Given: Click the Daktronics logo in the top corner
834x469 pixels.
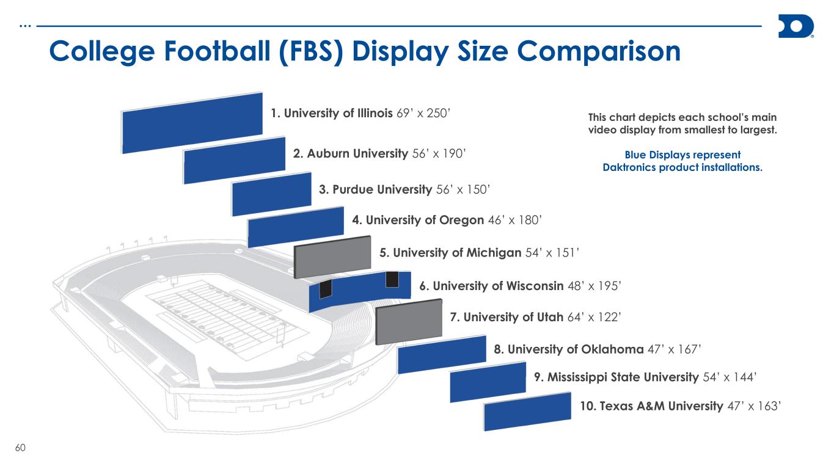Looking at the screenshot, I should tap(796, 27).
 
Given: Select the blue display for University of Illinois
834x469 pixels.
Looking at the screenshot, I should tap(192, 123).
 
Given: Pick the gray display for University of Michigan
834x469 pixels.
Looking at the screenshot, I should tap(333, 256).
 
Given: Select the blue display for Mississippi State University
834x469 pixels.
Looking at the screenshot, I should tap(488, 382).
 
